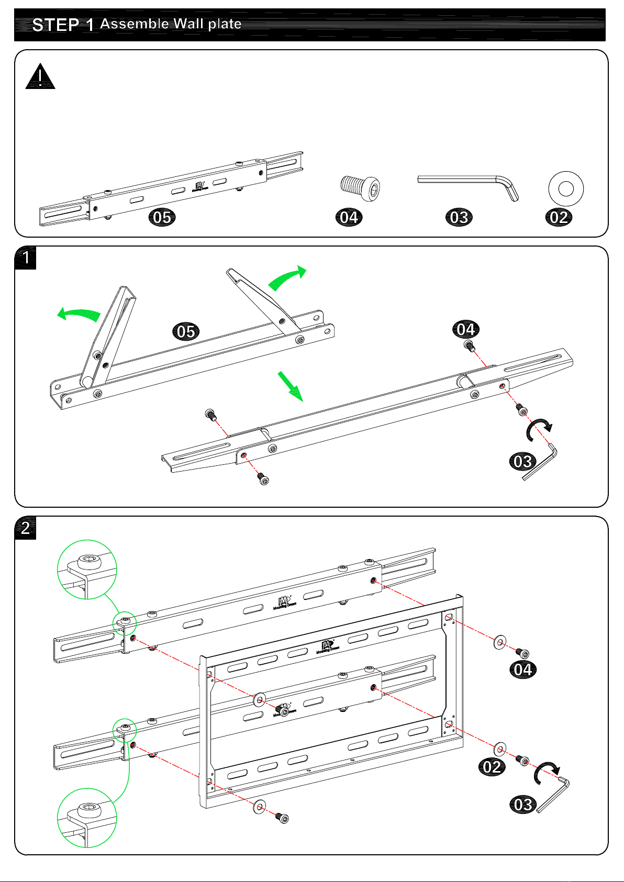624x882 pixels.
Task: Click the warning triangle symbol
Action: point(40,77)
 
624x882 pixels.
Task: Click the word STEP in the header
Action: point(55,25)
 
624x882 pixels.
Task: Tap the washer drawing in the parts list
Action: point(565,188)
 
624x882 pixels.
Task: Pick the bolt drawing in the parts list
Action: point(360,187)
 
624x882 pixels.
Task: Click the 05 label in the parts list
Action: point(162,217)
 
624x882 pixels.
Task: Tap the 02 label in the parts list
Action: point(559,217)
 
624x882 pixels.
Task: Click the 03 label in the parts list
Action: point(459,217)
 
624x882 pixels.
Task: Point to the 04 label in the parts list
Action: point(349,217)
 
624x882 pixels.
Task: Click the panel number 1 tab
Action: point(25,258)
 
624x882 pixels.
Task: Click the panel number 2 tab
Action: point(25,528)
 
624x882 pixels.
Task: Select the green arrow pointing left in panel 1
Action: point(79,314)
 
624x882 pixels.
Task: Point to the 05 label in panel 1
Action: point(186,331)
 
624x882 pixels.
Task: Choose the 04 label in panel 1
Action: point(465,329)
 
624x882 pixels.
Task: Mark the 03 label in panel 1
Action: point(522,461)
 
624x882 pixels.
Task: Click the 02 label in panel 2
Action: point(492,767)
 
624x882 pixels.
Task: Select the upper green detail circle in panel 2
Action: point(87,570)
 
